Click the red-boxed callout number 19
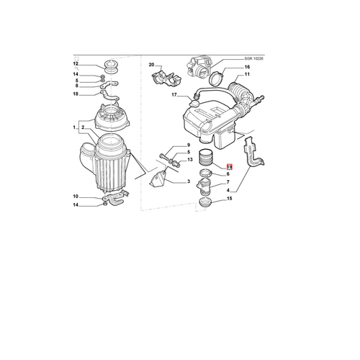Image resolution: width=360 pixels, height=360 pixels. pos(230,166)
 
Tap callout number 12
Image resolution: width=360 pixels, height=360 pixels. pos(76,64)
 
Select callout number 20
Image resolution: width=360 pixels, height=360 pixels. pos(151,65)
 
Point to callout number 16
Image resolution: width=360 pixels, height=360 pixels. pos(247,67)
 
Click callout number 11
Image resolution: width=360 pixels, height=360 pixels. pos(247,74)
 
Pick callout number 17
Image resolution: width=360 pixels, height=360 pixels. pos(174,95)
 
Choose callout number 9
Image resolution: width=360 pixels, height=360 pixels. pos(189,145)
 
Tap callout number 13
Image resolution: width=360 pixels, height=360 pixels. pos(190,160)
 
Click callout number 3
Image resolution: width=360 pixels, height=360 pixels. pos(189,181)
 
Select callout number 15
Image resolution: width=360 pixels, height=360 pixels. pos(230,199)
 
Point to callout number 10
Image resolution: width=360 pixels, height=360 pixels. pos(76,197)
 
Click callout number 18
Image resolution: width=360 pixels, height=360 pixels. pos(76,94)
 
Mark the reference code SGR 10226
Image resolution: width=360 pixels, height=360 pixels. pos(254,58)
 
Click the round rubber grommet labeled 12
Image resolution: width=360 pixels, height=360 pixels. pos(112,67)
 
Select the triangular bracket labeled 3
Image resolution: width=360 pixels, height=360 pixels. pos(158,179)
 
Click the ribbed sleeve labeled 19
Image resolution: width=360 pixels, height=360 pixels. pos(206,158)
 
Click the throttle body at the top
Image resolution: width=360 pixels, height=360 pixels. pos(199,67)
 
